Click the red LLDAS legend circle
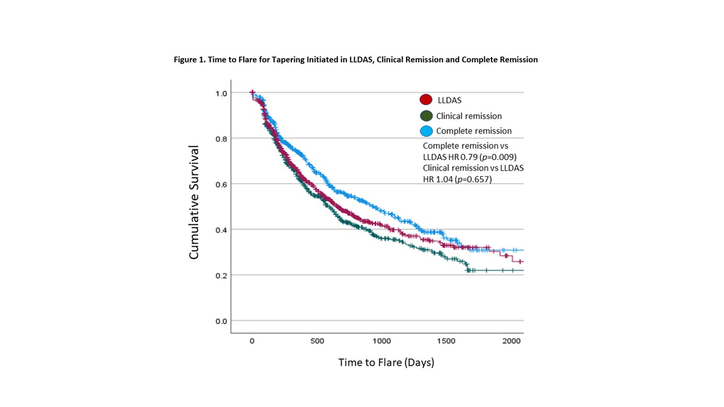426,99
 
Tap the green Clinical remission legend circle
426,116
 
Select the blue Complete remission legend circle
426,131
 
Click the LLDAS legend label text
450,100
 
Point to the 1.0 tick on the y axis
221,93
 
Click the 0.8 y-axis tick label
221,139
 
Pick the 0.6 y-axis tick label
221,184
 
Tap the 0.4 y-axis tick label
221,230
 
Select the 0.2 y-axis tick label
221,275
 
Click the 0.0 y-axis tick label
221,321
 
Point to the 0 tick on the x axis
252,341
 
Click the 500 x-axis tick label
317,341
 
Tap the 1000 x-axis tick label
382,341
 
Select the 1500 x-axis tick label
446,341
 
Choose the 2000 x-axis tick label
511,341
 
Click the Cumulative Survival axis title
193,202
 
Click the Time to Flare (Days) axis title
386,362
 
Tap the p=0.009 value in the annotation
498,157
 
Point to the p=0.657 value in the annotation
473,179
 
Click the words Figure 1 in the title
189,60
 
